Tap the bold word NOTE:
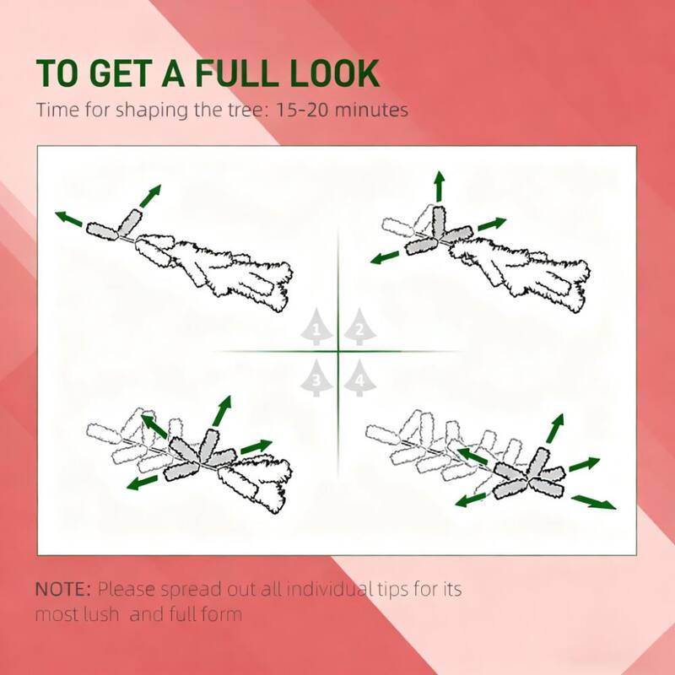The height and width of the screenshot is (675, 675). click(x=63, y=588)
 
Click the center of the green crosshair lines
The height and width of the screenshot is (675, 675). click(x=338, y=351)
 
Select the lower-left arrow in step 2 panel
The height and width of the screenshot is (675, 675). click(x=386, y=256)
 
